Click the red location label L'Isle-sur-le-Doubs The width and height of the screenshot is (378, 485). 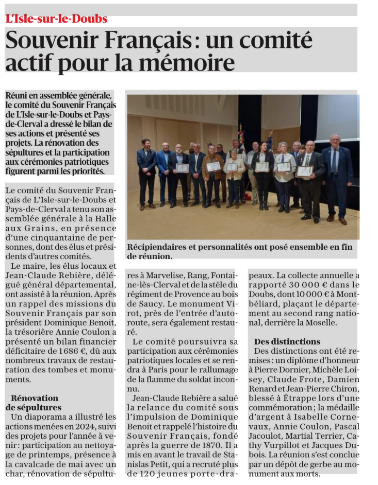pyautogui.click(x=56, y=19)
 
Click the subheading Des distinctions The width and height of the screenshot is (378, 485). pyautogui.click(x=287, y=341)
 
